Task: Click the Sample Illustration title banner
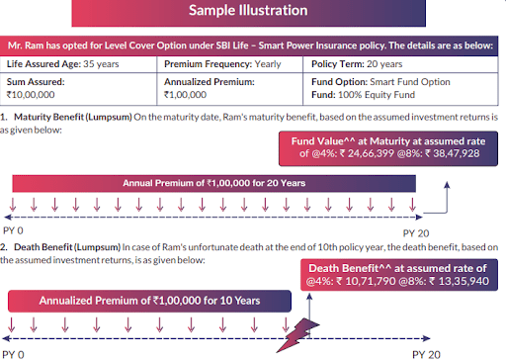click(248, 13)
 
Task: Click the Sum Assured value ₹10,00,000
click(31, 95)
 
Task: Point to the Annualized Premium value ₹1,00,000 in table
click(185, 95)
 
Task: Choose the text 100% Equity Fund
click(377, 95)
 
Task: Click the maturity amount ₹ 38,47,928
click(452, 153)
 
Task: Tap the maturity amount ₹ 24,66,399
click(367, 153)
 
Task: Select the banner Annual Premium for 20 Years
click(214, 183)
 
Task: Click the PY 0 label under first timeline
click(13, 230)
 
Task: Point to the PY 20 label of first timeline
click(416, 233)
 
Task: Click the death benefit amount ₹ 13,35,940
click(460, 281)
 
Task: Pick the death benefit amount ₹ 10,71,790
click(366, 281)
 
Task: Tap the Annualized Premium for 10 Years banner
click(149, 301)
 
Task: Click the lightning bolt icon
click(297, 335)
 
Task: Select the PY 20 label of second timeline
click(426, 355)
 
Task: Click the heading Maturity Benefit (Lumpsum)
click(73, 118)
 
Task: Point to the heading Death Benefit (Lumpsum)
click(67, 247)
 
